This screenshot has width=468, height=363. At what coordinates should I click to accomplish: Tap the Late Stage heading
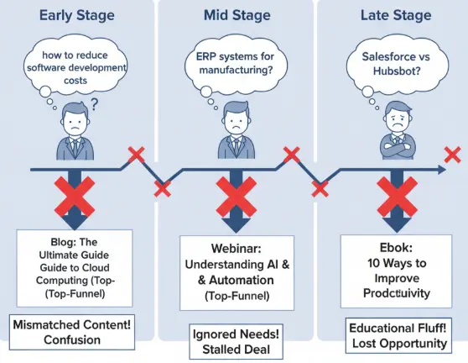[x=393, y=15]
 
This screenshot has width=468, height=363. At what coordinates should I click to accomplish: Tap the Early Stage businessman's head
[x=75, y=118]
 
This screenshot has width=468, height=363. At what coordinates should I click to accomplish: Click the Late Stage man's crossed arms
[x=393, y=149]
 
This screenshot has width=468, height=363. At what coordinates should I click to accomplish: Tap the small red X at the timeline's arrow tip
[x=452, y=155]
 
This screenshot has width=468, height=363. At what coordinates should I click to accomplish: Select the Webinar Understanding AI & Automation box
[x=237, y=269]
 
